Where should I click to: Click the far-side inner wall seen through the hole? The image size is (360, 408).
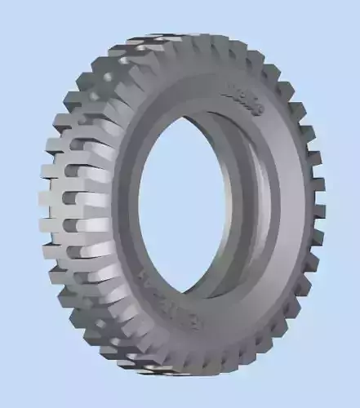coord(253,204)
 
